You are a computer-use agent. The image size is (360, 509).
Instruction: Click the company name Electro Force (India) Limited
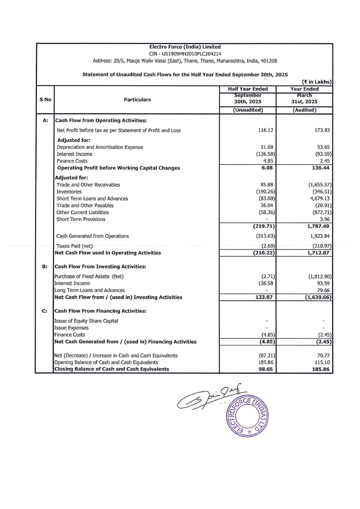click(185, 47)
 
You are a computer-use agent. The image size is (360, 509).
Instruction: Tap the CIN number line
click(185, 54)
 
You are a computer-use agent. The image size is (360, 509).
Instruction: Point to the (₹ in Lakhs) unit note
click(316, 81)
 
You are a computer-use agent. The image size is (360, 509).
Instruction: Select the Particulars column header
click(137, 100)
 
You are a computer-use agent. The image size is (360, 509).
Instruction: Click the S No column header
click(45, 100)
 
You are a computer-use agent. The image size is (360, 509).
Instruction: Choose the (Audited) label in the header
click(304, 110)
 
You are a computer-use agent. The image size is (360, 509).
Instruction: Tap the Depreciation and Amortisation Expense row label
click(100, 147)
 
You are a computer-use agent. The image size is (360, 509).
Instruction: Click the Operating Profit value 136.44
click(320, 168)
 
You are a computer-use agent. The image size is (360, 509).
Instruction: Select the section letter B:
click(45, 266)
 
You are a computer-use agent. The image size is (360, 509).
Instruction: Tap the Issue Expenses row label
click(71, 328)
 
